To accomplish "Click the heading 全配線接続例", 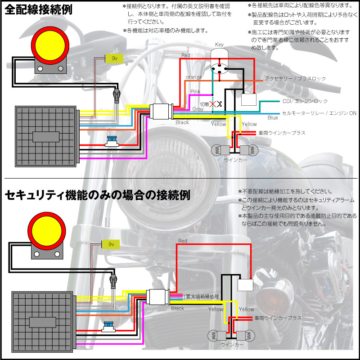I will (x=39, y=10).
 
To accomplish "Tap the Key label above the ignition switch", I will (x=219, y=45).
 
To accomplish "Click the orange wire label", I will (x=193, y=77).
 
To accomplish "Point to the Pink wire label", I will (x=195, y=92).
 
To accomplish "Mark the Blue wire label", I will (x=273, y=118).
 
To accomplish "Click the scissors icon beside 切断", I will (x=220, y=103).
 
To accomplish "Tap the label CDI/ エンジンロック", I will (x=305, y=101).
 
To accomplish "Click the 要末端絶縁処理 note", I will (x=202, y=297).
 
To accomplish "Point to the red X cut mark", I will (x=213, y=103).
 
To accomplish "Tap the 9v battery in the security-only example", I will (x=110, y=243).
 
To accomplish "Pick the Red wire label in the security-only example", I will (x=182, y=241).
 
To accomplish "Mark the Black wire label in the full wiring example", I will (x=182, y=122).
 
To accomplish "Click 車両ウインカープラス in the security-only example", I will (x=278, y=318).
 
